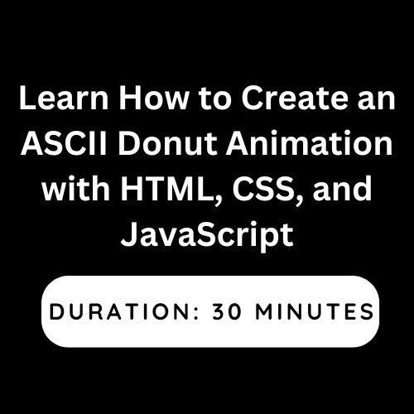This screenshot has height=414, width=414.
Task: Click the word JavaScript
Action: [x=207, y=237]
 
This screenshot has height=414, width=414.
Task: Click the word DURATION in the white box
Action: [x=121, y=311]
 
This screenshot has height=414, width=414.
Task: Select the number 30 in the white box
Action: [x=227, y=311]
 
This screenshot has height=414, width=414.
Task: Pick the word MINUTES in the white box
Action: [x=315, y=311]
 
